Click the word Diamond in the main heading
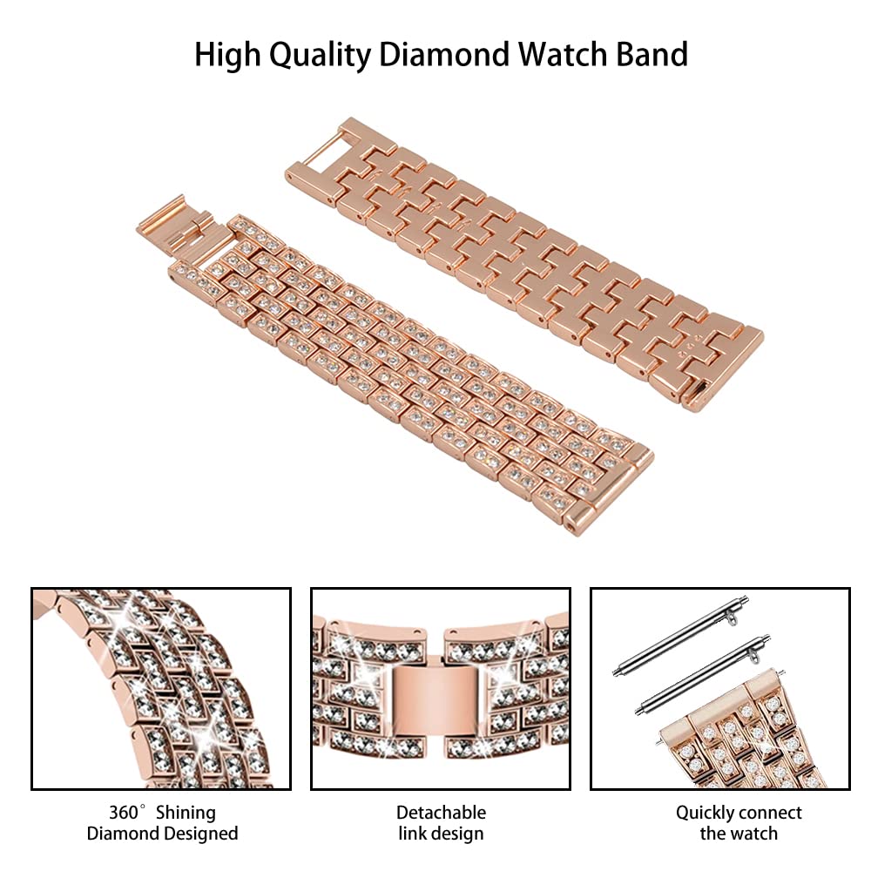(x=444, y=54)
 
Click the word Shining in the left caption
(x=186, y=814)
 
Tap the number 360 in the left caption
(x=124, y=812)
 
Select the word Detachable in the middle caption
(x=441, y=812)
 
